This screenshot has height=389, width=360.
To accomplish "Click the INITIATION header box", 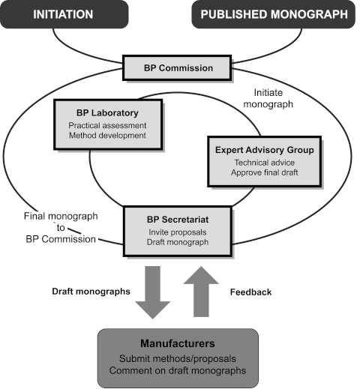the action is [64, 14].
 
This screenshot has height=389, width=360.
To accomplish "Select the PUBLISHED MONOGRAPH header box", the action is [274, 14].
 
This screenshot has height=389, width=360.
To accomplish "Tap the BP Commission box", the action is [177, 68].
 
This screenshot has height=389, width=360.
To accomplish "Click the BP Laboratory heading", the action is [107, 113].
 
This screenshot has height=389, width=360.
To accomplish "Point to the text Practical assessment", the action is [107, 125].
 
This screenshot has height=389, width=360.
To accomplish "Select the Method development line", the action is [107, 136].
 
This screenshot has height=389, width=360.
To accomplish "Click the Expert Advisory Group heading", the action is [265, 150].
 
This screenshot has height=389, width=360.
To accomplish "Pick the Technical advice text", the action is [265, 163].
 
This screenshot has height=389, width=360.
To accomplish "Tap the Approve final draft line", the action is [265, 172].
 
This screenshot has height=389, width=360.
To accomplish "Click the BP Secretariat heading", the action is [178, 220].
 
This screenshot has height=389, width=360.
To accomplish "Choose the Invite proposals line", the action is [178, 232].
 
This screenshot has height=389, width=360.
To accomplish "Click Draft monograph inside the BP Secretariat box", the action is [178, 242].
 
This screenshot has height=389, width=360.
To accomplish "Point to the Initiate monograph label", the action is [268, 98].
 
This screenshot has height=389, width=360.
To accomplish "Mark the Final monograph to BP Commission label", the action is [61, 228].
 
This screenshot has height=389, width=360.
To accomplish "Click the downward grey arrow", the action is [153, 292].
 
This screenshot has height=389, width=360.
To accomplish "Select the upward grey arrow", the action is [201, 292].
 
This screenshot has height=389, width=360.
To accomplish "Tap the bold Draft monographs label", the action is [91, 292].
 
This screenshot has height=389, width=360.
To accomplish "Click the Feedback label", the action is [250, 292].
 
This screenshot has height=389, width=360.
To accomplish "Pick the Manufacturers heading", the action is [178, 343].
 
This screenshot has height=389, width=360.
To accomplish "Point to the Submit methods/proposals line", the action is [178, 359].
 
